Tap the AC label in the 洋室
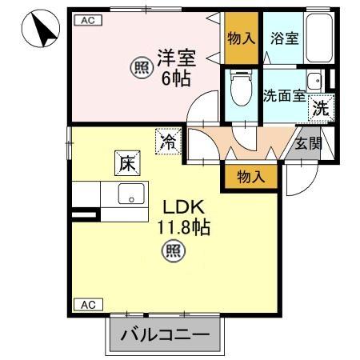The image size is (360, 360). [87, 22]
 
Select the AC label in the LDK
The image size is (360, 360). [87, 304]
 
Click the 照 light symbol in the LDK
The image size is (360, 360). [172, 253]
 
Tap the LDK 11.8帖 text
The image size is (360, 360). [186, 218]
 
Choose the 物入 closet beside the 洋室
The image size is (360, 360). [241, 38]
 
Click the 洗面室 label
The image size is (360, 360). [284, 95]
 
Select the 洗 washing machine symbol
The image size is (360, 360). [321, 108]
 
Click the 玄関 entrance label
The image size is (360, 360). [307, 144]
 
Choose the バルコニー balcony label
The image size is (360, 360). [164, 334]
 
